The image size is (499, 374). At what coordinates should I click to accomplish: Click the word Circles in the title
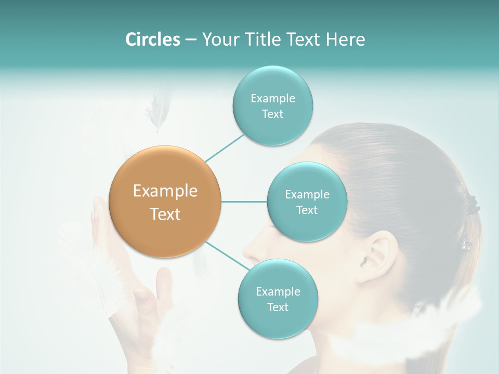click(152, 39)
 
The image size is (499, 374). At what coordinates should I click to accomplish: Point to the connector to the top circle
click(225, 148)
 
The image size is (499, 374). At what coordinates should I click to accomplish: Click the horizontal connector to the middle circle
click(244, 202)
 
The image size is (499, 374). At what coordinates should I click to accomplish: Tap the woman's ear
click(382, 255)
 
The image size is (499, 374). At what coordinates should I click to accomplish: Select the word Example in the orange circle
click(165, 191)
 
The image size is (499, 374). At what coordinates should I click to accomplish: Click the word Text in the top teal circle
click(272, 114)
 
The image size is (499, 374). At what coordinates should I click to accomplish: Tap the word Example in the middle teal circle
click(307, 195)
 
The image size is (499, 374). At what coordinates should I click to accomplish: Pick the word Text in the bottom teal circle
click(278, 308)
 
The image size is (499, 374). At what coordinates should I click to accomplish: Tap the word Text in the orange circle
click(165, 214)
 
